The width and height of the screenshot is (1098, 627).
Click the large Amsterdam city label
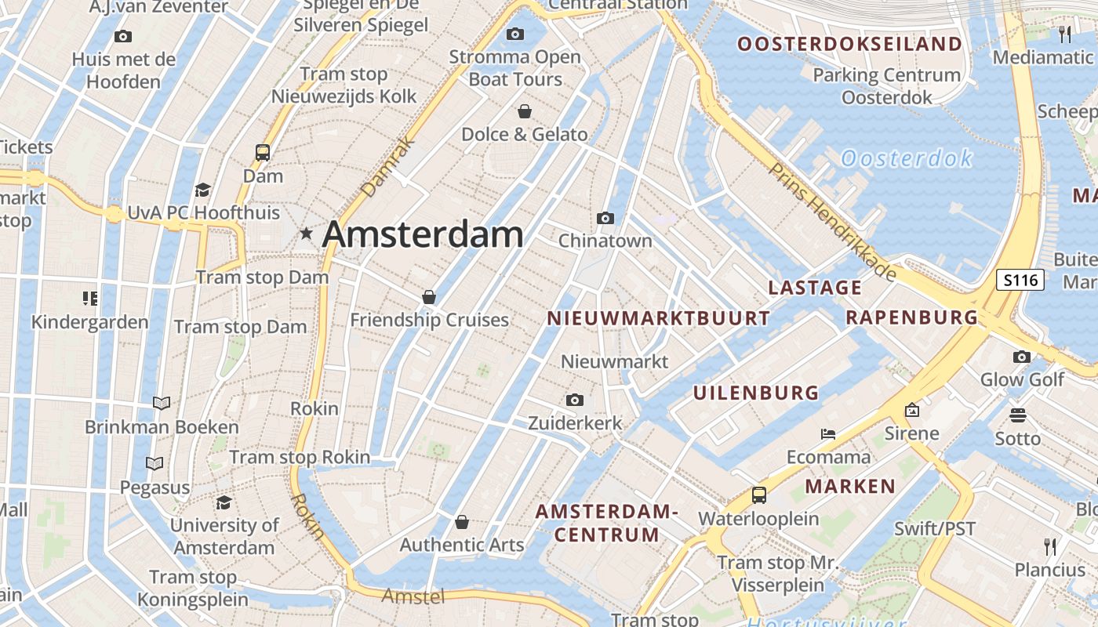pyautogui.click(x=423, y=234)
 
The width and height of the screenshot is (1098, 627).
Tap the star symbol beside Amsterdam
pyautogui.click(x=306, y=234)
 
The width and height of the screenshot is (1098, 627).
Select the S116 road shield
pyautogui.click(x=1020, y=280)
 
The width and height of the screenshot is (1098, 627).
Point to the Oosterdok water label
pyautogui.click(x=907, y=159)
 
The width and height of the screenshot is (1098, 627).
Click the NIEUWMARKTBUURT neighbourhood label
pyautogui.click(x=658, y=318)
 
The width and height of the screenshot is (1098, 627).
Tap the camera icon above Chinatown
pyautogui.click(x=605, y=218)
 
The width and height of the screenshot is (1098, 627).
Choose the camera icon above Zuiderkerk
pyautogui.click(x=575, y=400)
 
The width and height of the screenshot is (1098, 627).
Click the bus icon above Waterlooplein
pyautogui.click(x=758, y=495)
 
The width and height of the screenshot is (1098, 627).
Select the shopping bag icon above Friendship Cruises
pyautogui.click(x=428, y=297)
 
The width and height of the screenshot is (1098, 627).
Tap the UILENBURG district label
pyautogui.click(x=755, y=393)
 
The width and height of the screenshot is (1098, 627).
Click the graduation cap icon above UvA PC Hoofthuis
pyautogui.click(x=203, y=190)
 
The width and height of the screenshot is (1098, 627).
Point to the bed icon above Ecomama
pyautogui.click(x=828, y=434)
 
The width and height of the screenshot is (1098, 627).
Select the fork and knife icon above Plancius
pyautogui.click(x=1050, y=546)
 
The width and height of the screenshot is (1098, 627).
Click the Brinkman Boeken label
pyautogui.click(x=162, y=427)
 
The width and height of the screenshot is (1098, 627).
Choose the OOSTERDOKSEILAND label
pyautogui.click(x=849, y=44)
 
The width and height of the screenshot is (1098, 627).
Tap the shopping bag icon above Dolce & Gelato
pyautogui.click(x=524, y=111)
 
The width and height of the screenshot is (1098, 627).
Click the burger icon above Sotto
pyautogui.click(x=1017, y=415)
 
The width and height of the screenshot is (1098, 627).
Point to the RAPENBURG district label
pyautogui.click(x=911, y=317)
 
